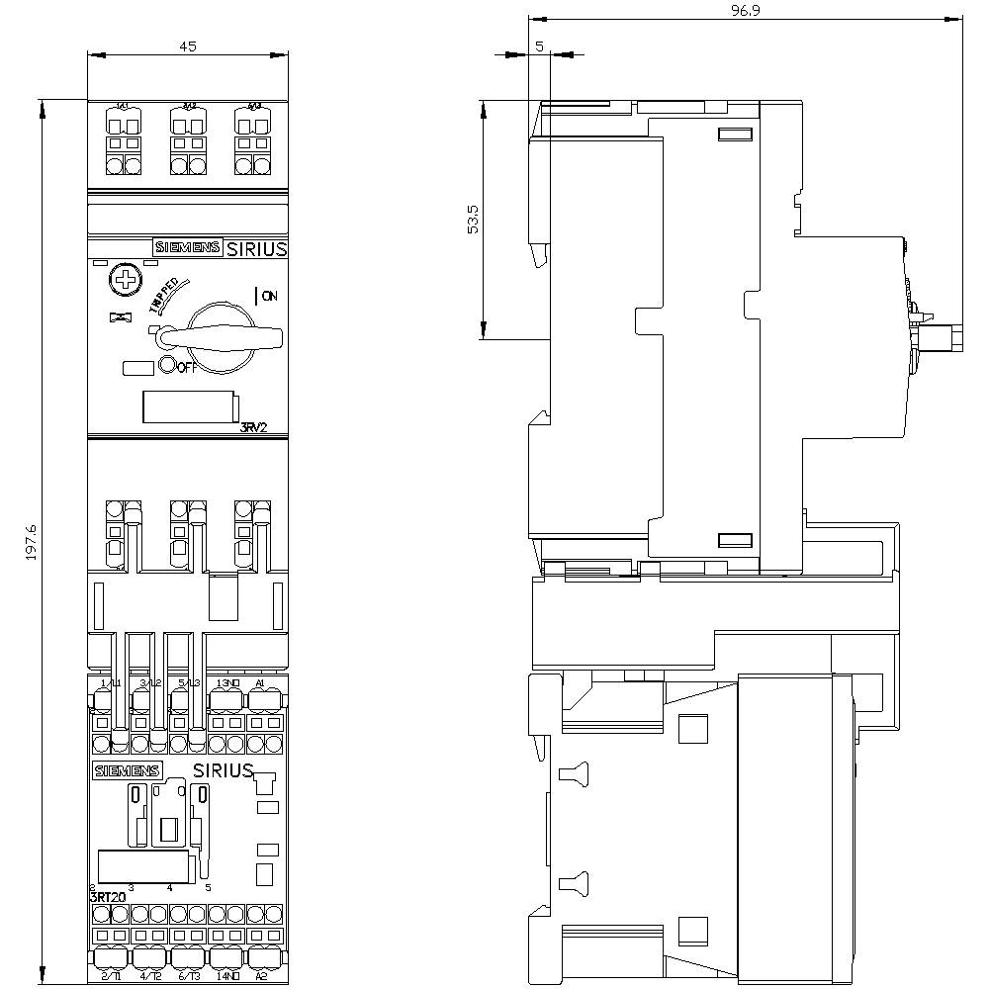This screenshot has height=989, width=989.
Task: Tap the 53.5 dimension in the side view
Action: pos(474,220)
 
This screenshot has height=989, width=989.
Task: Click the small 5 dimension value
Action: pos(539,46)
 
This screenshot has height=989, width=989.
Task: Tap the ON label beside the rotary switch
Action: pos(268,295)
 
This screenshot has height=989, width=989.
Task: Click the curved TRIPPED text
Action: pos(163,294)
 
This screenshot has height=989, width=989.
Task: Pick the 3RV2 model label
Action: pos(255,427)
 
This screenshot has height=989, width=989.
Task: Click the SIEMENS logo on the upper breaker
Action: pos(187,248)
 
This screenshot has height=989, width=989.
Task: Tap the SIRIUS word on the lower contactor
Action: pos(223,770)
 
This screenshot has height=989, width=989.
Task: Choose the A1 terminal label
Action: pos(259,683)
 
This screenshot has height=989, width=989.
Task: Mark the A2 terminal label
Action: pos(261,975)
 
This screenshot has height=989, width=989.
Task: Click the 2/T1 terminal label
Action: pos(110,975)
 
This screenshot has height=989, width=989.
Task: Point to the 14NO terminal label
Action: pos(226,975)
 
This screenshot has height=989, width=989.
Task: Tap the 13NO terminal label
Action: pos(226,683)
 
